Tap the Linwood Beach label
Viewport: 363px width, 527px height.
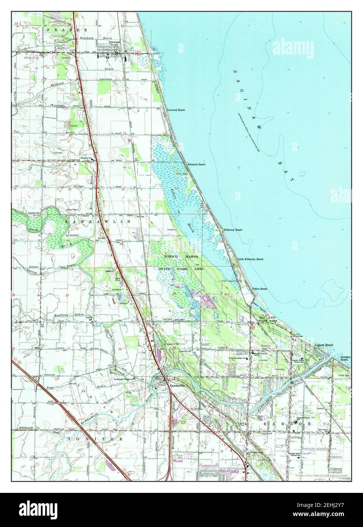point(176,110)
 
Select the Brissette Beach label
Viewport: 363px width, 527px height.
point(196,165)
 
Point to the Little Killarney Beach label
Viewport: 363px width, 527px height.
point(250,259)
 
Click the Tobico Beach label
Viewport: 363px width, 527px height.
point(260,289)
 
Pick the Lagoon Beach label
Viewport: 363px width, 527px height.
point(324,345)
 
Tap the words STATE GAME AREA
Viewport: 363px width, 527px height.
point(181,269)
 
